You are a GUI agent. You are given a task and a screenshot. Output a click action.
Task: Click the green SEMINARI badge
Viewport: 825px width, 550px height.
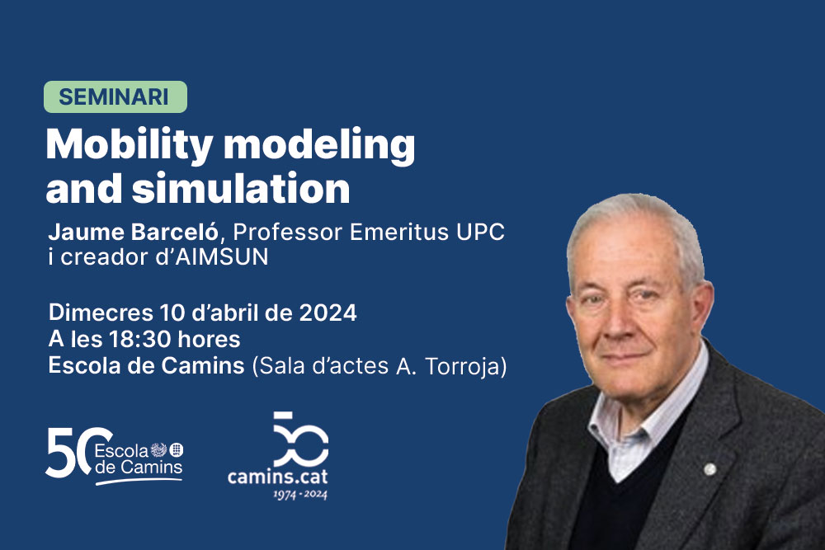click(115, 96)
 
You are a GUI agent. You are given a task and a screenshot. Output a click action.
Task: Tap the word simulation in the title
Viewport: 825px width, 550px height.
click(240, 188)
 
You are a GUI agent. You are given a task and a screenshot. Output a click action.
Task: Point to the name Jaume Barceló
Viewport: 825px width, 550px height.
click(133, 232)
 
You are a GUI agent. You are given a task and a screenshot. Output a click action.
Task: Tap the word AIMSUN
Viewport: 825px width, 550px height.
click(221, 257)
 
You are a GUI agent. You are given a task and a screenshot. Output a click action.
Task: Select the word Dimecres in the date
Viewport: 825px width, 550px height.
click(101, 313)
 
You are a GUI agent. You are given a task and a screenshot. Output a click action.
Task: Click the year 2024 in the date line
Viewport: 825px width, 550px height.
click(328, 313)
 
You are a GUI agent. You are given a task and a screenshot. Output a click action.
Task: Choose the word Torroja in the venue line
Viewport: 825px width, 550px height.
click(465, 366)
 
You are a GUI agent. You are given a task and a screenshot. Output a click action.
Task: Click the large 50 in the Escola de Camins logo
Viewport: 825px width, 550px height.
click(77, 453)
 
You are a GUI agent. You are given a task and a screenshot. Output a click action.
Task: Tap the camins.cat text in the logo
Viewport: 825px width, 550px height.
click(278, 477)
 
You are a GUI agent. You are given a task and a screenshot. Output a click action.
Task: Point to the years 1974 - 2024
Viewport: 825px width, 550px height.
click(300, 494)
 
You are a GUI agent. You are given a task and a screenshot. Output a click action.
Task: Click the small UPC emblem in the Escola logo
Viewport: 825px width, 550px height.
click(177, 450)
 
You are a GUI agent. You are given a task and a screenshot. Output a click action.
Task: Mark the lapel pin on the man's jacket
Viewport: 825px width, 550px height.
click(709, 469)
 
